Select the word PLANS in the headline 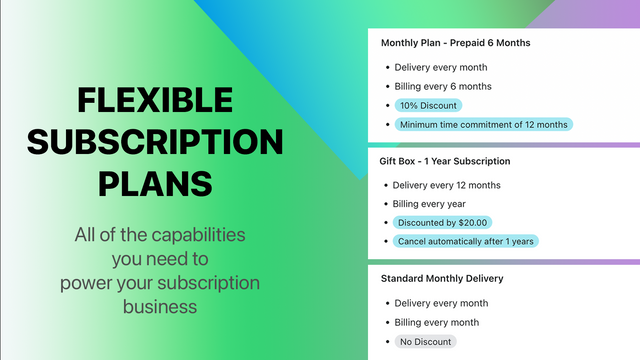coord(156,184)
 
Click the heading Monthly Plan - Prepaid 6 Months coord(455,43)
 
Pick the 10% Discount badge coord(427,105)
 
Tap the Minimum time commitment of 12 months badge coord(483,124)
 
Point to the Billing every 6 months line coord(443,86)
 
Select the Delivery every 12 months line coord(447,185)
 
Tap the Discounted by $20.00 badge coord(443,222)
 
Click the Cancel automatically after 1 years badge coord(465,241)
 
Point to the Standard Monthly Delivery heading coord(441,278)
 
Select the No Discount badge coord(425,341)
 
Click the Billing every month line coord(437,322)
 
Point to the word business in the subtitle coord(160,305)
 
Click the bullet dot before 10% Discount coord(387,105)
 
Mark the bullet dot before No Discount coord(387,341)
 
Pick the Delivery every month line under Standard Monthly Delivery coord(441,303)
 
